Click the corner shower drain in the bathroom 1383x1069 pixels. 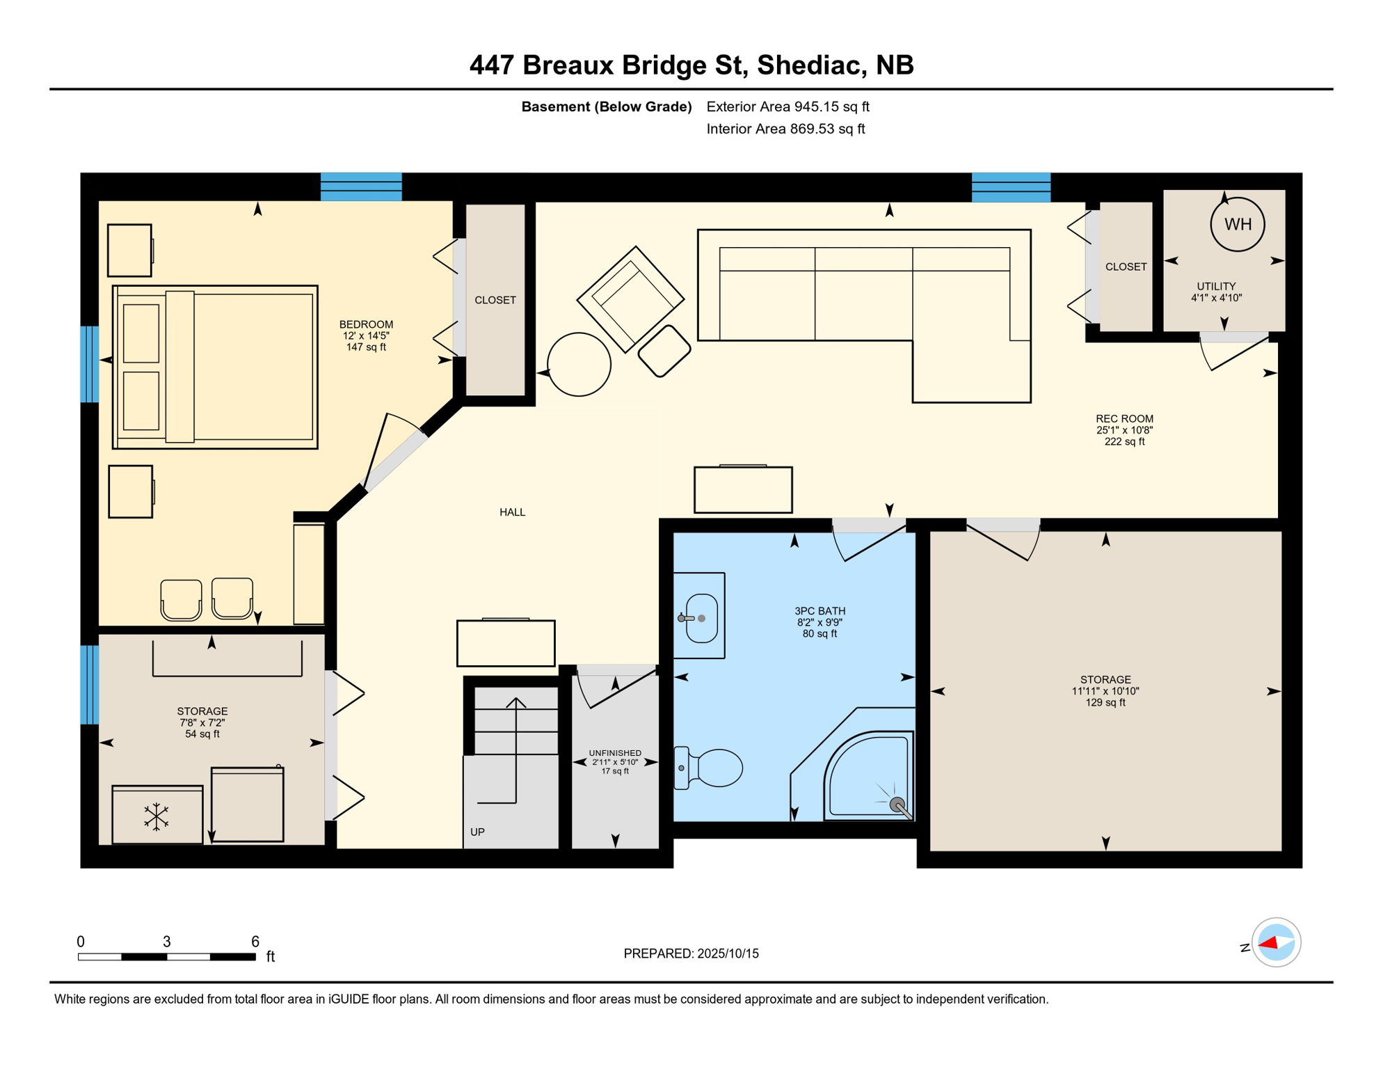pyautogui.click(x=897, y=804)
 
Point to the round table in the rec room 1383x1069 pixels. pyautogui.click(x=579, y=365)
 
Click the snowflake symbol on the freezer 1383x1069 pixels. pyautogui.click(x=157, y=816)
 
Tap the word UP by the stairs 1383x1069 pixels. pyautogui.click(x=477, y=832)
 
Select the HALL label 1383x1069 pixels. pyautogui.click(x=512, y=512)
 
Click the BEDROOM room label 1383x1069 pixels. pyautogui.click(x=366, y=324)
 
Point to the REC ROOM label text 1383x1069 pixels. pyautogui.click(x=1124, y=419)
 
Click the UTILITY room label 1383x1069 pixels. pyautogui.click(x=1216, y=286)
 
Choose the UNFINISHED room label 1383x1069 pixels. pyautogui.click(x=615, y=753)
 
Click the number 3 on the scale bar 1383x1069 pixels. pyautogui.click(x=167, y=942)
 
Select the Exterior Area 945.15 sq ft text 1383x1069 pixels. pyautogui.click(x=788, y=106)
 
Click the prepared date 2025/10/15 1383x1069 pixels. pyautogui.click(x=728, y=953)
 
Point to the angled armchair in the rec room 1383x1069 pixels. pyautogui.click(x=630, y=299)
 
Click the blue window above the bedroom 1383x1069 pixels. pyautogui.click(x=361, y=187)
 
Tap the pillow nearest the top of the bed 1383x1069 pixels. pyautogui.click(x=141, y=333)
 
